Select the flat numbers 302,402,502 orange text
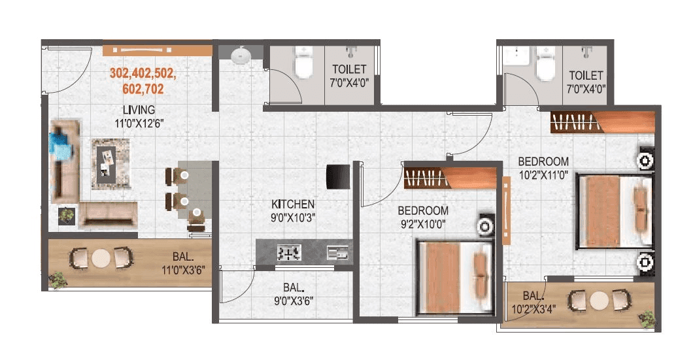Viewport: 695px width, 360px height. pyautogui.click(x=143, y=73)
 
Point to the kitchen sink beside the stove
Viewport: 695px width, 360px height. pyautogui.click(x=337, y=252)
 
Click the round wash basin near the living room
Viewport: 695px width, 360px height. pyautogui.click(x=241, y=56)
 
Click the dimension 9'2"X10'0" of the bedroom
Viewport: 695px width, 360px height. pyautogui.click(x=423, y=223)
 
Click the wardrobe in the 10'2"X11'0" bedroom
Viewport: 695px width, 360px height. pyautogui.click(x=602, y=122)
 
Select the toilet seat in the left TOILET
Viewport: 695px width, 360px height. pyautogui.click(x=303, y=66)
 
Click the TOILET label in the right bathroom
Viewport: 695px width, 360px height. pyautogui.click(x=585, y=76)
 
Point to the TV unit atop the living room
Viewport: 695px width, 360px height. pyautogui.click(x=157, y=49)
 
